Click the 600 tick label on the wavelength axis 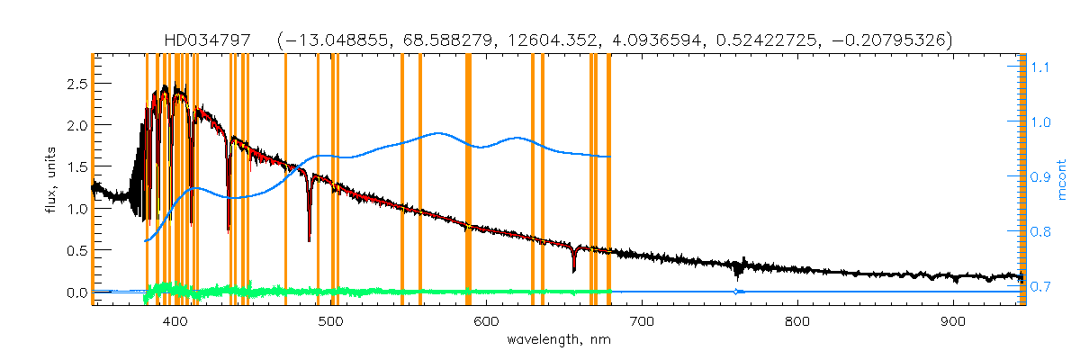(486, 321)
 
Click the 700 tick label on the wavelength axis (642, 321)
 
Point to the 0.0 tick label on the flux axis (75, 293)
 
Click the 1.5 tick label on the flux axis (75, 167)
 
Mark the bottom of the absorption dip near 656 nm (573, 270)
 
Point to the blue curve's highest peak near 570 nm (438, 133)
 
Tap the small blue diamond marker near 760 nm (737, 292)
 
